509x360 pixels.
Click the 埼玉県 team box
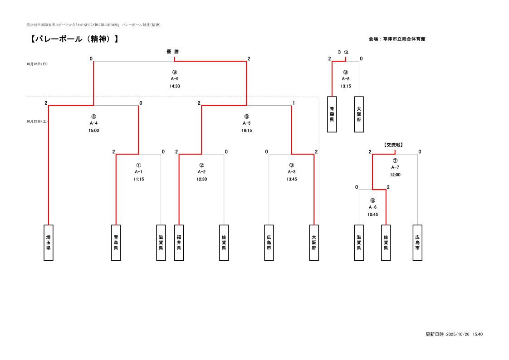[x=48, y=243]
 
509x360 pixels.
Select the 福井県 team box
[x=179, y=243]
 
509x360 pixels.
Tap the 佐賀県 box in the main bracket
[x=224, y=243]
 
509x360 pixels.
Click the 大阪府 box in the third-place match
[x=359, y=114]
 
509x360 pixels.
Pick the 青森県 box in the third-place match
[x=332, y=114]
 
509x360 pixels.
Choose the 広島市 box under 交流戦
[x=417, y=243]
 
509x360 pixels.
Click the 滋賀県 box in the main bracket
[x=161, y=243]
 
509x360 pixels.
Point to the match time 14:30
[x=175, y=86]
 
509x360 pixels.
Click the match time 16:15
[x=247, y=131]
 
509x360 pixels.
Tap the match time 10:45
[x=372, y=214]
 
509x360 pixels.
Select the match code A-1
[x=138, y=172]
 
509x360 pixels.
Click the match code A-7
[x=395, y=167]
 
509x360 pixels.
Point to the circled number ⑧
[x=346, y=72]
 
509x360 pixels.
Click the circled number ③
[x=291, y=165]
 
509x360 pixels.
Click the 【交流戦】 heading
[x=393, y=145]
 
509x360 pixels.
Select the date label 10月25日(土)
[x=37, y=122]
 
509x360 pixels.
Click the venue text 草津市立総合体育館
[x=404, y=39]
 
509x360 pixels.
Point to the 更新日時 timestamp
[x=454, y=334]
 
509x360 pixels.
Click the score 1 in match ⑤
[x=294, y=103]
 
